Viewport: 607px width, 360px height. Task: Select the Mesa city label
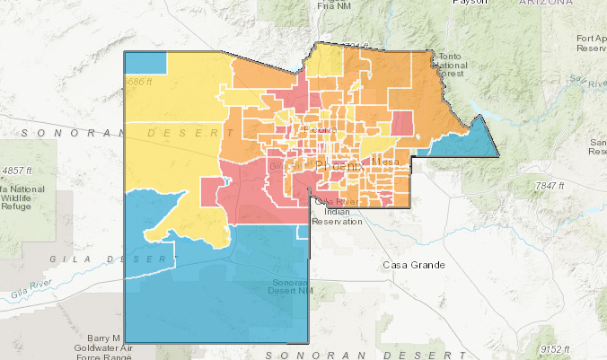[x=384, y=162]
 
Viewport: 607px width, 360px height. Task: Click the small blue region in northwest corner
[x=145, y=62]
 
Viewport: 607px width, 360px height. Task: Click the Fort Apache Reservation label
[x=592, y=42]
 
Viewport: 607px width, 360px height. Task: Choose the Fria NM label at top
[x=333, y=7]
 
